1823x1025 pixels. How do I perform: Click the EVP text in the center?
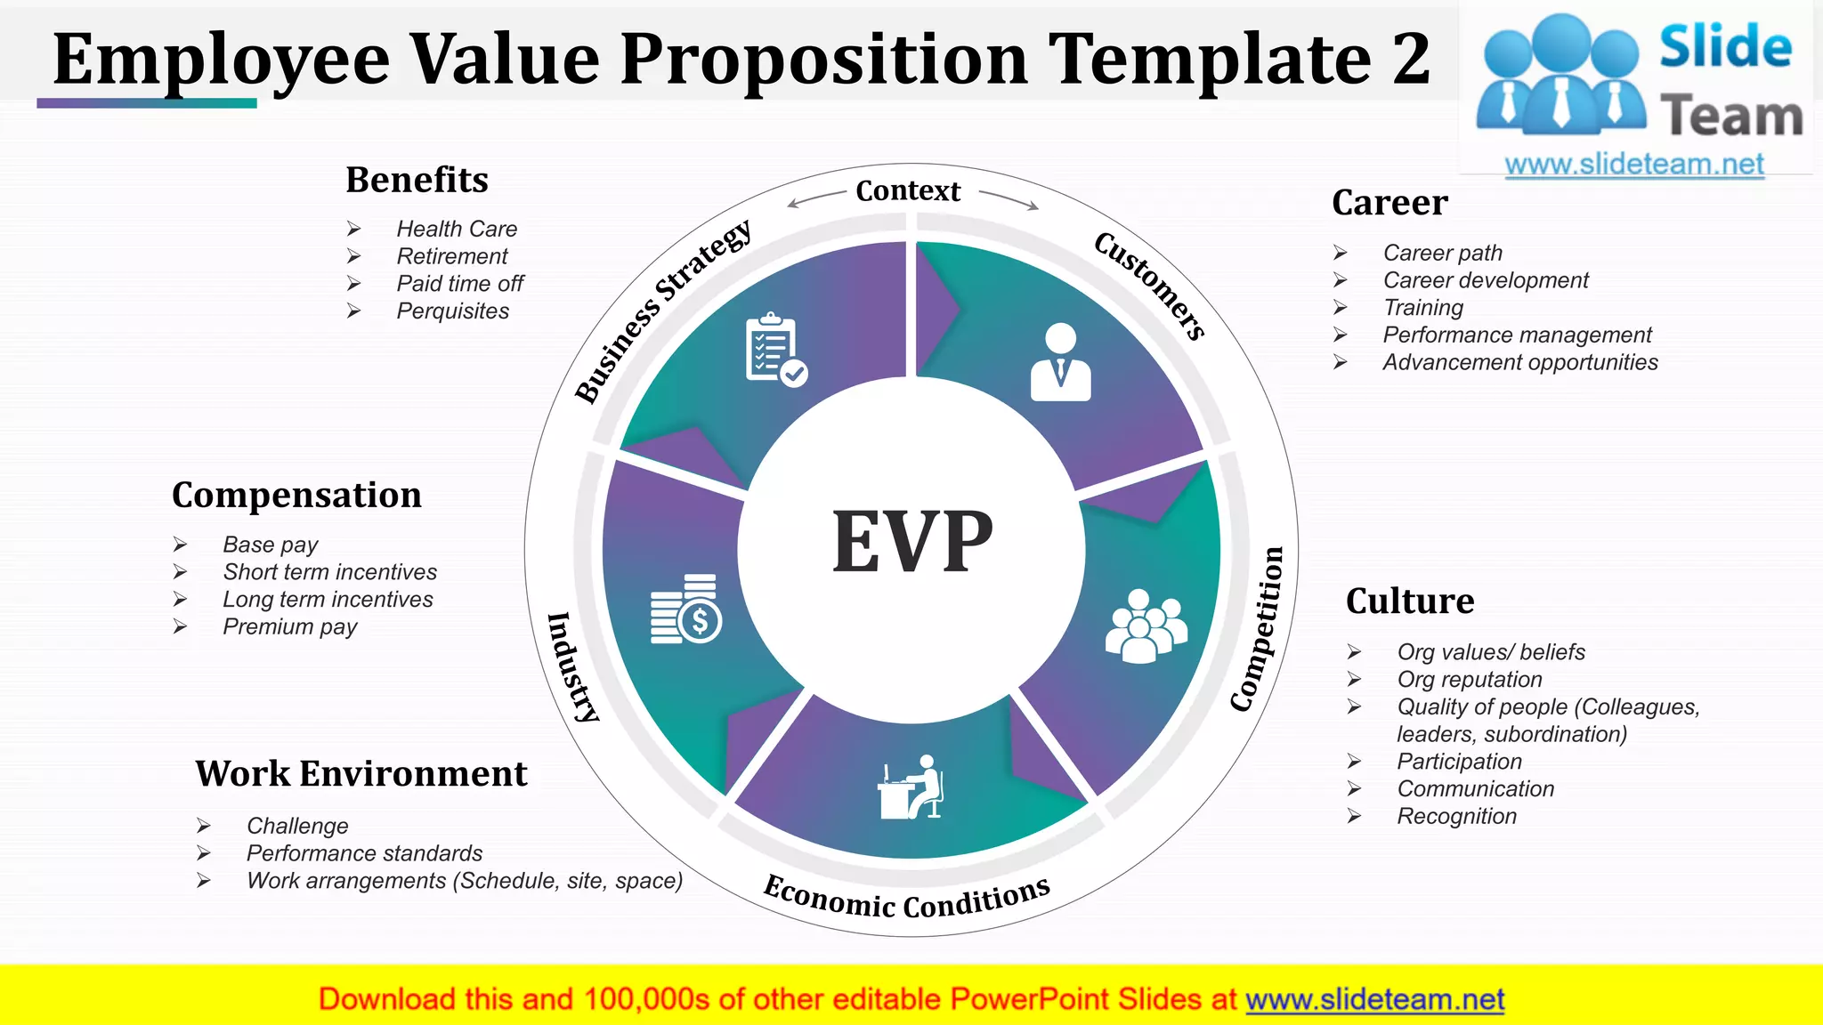pos(911,542)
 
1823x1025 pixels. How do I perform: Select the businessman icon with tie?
pos(1060,362)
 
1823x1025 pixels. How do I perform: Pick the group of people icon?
pos(1146,625)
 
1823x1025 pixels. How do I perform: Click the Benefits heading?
pos(417,180)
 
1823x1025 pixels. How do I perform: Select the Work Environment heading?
pos(361,773)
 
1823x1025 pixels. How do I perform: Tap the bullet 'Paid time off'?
pos(459,284)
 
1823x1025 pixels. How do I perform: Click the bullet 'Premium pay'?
pos(289,627)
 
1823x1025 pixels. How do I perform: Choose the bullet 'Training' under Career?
pos(1422,308)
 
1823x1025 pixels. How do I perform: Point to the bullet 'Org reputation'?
pos(1469,680)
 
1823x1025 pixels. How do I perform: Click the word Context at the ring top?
pos(908,190)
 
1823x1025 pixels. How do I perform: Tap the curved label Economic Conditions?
pos(907,898)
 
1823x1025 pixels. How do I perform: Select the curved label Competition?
pos(1259,628)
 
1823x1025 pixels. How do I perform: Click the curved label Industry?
pos(572,666)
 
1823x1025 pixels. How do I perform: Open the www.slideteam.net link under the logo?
pos(1633,165)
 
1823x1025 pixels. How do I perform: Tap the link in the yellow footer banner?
pos(1374,999)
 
